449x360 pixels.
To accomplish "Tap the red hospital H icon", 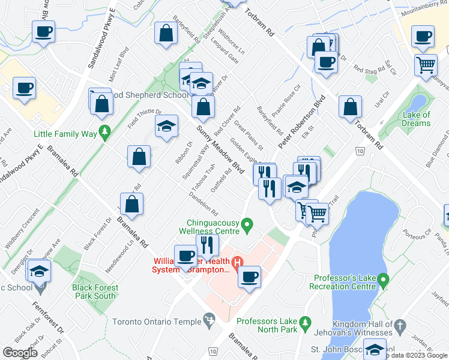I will [237, 262].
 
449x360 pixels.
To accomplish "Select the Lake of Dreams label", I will [417, 119].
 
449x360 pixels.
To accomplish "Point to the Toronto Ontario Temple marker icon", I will [209, 318].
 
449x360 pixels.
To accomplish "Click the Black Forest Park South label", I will [96, 292].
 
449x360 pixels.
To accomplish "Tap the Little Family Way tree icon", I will [105, 130].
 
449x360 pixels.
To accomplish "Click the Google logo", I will [20, 352].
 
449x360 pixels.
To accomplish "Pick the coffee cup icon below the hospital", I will [249, 277].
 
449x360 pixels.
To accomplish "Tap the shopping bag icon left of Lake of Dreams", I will [350, 107].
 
